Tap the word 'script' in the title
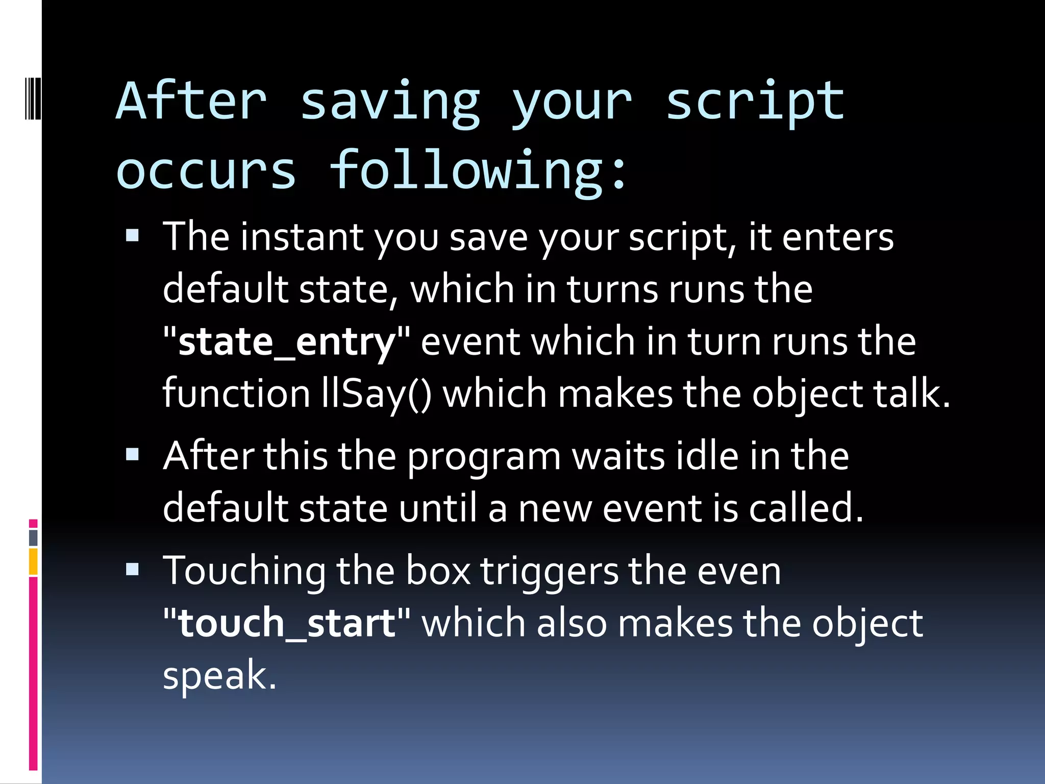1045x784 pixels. tap(755, 102)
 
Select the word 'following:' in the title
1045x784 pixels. tap(478, 171)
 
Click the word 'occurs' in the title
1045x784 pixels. tap(206, 171)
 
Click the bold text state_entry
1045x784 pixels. tap(287, 342)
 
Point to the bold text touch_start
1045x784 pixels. tap(287, 623)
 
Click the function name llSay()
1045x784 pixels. tap(377, 395)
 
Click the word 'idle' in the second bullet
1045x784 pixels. tap(707, 456)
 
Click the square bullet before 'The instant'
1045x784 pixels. tap(133, 235)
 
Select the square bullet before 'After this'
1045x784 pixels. tap(133, 454)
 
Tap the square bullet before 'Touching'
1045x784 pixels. tap(133, 569)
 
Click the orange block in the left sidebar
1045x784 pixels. tap(33, 561)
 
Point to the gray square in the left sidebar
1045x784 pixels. tap(33, 537)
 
